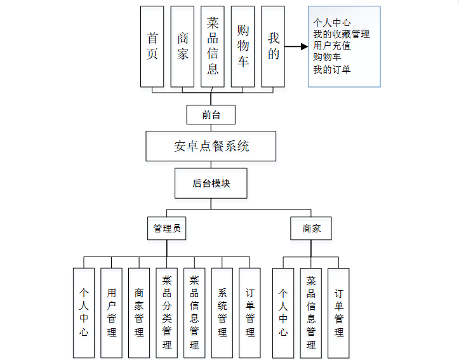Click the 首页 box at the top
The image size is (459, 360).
pyautogui.click(x=152, y=46)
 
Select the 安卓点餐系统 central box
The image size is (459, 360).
pyautogui.click(x=211, y=146)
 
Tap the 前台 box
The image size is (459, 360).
pyautogui.click(x=211, y=114)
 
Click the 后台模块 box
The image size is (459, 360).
pyautogui.click(x=211, y=183)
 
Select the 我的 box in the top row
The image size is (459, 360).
pyautogui.click(x=273, y=46)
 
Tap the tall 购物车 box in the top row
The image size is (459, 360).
pyautogui.click(x=243, y=46)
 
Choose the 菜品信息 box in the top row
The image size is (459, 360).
pyautogui.click(x=212, y=46)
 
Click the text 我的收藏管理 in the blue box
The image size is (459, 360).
pyautogui.click(x=341, y=34)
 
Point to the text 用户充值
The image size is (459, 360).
pyautogui.click(x=331, y=46)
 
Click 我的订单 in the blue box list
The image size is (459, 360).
pyautogui.click(x=331, y=69)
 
